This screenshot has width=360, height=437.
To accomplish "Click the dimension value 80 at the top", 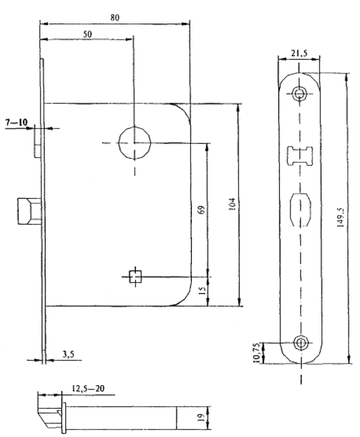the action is (115, 18).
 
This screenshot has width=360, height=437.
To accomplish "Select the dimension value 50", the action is (87, 34).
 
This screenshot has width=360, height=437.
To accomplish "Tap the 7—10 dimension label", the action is (16, 122).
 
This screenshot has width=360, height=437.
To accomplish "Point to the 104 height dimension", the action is (233, 204).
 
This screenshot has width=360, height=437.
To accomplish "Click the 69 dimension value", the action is (202, 210).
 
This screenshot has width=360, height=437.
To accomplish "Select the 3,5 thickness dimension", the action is (68, 354).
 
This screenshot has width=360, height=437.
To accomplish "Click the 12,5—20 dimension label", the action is (88, 388).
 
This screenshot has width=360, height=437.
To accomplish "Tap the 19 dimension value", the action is (202, 417).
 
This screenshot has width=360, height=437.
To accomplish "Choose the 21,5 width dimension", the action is (299, 53).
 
